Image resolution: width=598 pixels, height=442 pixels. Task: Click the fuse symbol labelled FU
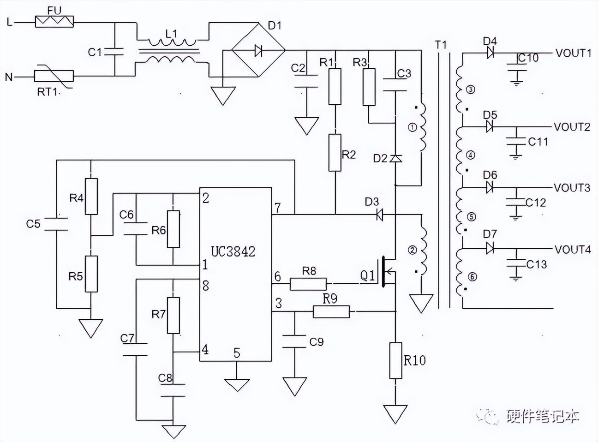point(54,21)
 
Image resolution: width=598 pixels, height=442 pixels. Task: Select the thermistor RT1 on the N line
point(54,76)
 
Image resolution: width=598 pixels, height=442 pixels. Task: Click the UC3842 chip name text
point(233,251)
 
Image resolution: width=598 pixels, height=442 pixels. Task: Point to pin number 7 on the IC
point(277,208)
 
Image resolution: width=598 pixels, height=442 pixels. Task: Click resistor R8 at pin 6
point(308,284)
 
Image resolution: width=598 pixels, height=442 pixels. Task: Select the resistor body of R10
point(396,360)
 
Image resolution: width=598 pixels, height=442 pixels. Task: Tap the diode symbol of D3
point(380,214)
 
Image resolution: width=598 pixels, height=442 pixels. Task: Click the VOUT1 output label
point(573,53)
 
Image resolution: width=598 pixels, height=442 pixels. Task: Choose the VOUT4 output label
point(573,250)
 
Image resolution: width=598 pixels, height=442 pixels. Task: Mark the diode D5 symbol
point(490,126)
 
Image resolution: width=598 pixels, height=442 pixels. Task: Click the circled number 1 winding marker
point(413,127)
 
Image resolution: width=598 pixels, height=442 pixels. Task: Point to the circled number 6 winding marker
point(472,277)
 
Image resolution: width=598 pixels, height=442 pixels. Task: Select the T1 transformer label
point(441,45)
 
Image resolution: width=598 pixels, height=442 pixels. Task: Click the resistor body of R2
point(335,152)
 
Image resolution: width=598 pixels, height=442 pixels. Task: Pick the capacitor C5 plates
point(56,224)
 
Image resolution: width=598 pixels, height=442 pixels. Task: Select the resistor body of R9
point(331,312)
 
